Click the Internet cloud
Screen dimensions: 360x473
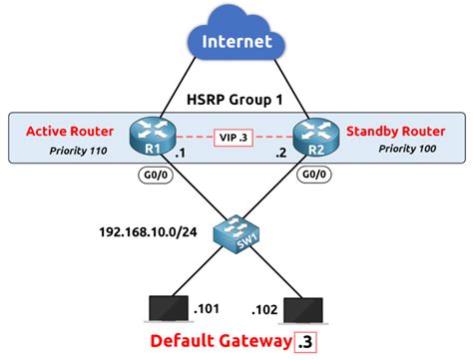(x=236, y=44)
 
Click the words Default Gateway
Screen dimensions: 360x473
(x=222, y=343)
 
